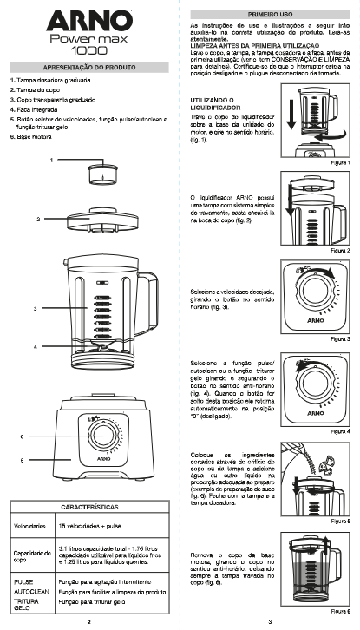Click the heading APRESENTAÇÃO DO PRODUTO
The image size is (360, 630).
(x=91, y=65)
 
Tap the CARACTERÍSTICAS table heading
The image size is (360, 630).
(x=90, y=507)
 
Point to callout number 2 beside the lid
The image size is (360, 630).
(x=38, y=219)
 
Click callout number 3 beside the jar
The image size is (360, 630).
(x=36, y=308)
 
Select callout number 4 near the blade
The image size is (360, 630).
(x=36, y=346)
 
